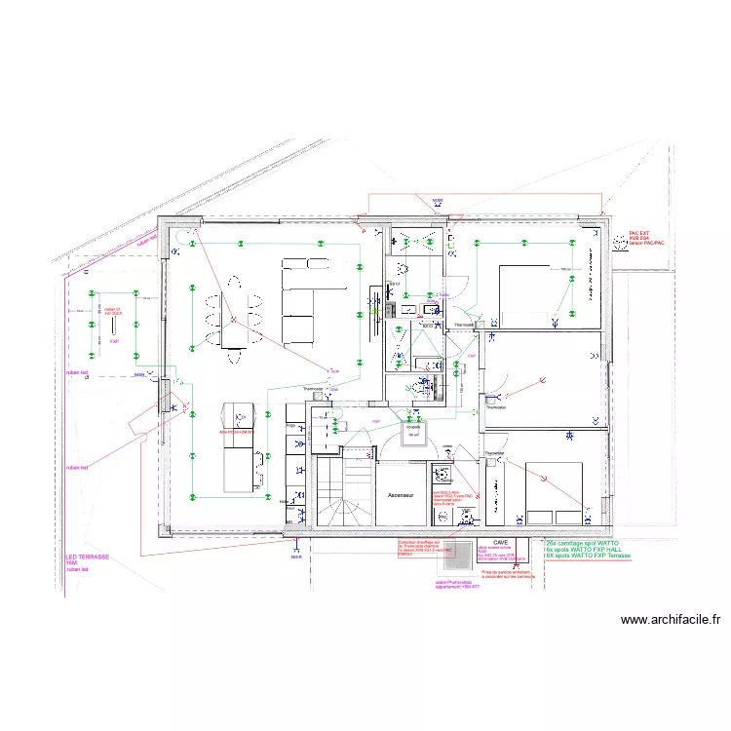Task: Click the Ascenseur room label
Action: pos(402,495)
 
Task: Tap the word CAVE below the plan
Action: pos(501,543)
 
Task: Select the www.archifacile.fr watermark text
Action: pos(671,619)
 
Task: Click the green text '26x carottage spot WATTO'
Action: pos(583,543)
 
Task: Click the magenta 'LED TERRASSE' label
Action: pos(87,557)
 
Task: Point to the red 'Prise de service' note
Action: pos(508,575)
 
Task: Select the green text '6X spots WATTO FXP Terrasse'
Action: pos(589,557)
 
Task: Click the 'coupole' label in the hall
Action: pos(413,426)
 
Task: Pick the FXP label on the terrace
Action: pos(114,342)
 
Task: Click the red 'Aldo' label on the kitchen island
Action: pos(236,432)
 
